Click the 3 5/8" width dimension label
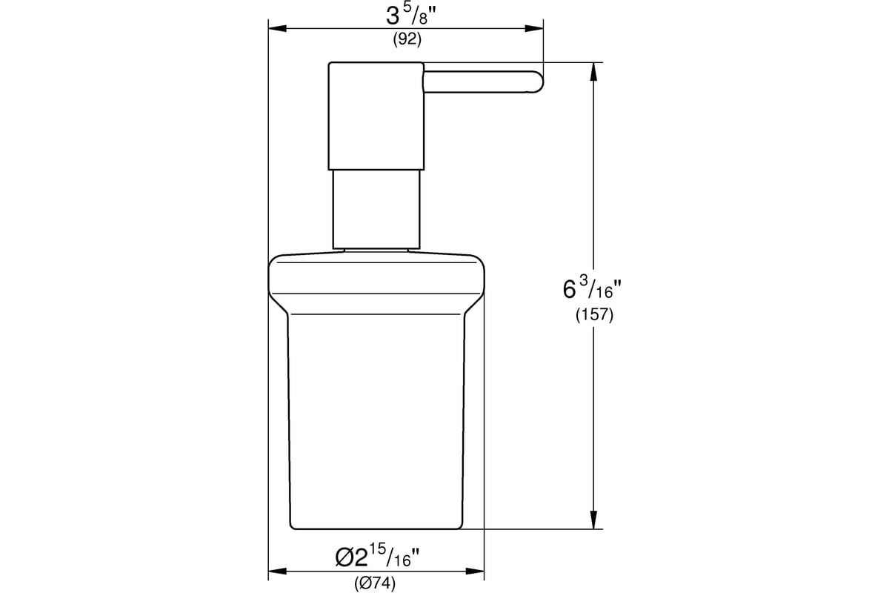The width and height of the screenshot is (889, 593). point(407,15)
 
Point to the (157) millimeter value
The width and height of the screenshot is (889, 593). point(594,315)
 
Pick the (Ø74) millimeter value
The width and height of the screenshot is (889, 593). point(376,583)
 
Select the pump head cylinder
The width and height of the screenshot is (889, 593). point(376,116)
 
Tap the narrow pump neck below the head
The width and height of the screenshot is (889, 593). point(376,209)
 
